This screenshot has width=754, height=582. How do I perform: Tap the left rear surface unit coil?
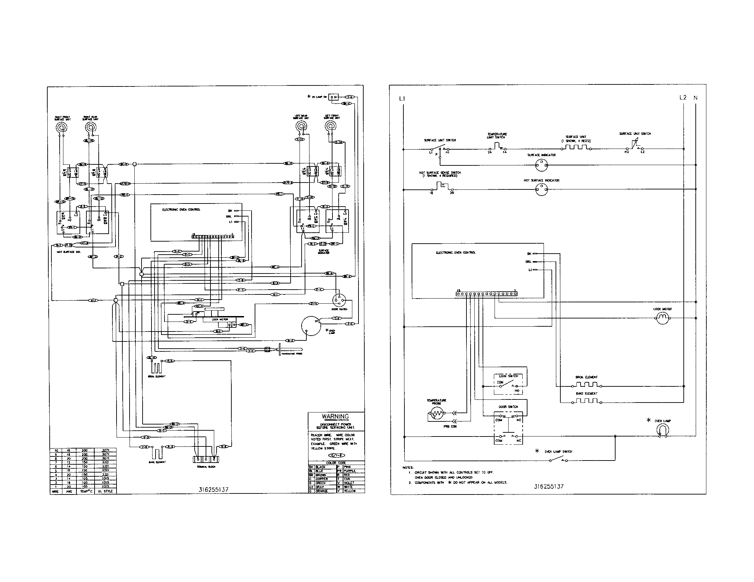(302, 126)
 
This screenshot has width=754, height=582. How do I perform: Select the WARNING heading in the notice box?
(335, 417)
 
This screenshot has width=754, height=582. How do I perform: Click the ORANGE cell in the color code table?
(322, 491)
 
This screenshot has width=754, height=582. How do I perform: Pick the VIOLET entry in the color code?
(349, 483)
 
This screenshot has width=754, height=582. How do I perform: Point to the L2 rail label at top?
(683, 97)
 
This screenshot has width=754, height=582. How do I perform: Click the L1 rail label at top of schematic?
(402, 98)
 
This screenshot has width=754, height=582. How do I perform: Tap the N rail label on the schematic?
(695, 98)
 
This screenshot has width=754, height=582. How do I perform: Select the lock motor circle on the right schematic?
(662, 318)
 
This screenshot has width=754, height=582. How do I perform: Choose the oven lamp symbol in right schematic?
(662, 430)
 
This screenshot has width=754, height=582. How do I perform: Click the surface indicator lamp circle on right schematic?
(541, 165)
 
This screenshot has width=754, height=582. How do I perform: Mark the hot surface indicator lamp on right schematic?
(541, 189)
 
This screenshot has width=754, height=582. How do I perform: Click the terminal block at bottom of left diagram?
(206, 459)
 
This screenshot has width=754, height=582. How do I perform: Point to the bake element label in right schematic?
(586, 393)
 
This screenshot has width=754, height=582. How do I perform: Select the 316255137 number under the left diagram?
(214, 489)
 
